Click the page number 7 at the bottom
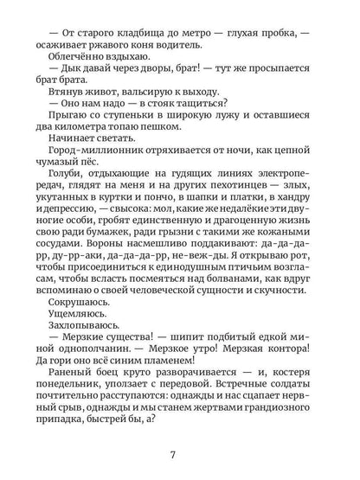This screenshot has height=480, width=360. [180, 454]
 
